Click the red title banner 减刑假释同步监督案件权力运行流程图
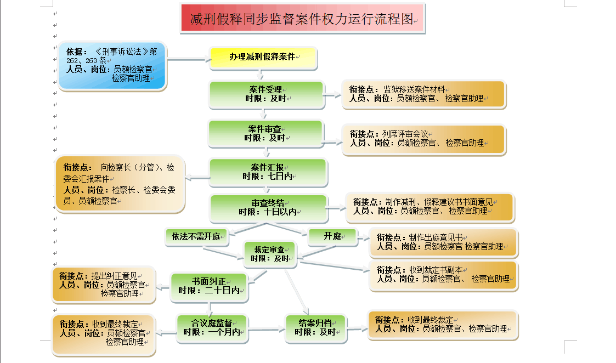click(x=302, y=18)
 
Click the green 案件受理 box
click(x=265, y=94)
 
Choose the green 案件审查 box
click(x=265, y=133)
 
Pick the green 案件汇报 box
click(x=268, y=172)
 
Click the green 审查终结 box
click(x=268, y=207)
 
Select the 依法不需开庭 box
click(x=196, y=237)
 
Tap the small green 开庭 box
click(x=332, y=236)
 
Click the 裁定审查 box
click(x=270, y=254)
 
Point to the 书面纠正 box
click(x=209, y=286)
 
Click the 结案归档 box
click(x=315, y=327)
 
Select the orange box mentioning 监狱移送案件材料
click(x=423, y=94)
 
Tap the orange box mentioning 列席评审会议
click(x=423, y=139)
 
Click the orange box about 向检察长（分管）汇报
click(x=120, y=184)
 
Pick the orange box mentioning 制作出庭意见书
click(x=444, y=242)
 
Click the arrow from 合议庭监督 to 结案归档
click(x=266, y=330)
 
